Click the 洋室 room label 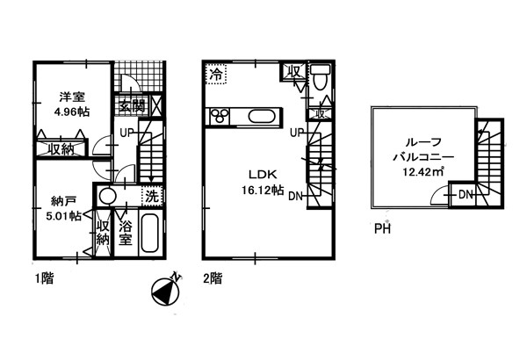72,97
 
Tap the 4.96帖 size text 72,112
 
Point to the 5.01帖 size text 63,216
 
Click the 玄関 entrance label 133,106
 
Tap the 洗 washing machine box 152,196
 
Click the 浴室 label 126,233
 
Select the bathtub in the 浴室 150,234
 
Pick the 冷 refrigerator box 216,74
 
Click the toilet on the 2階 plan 320,77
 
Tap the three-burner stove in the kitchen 220,116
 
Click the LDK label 263,175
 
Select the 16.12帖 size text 263,191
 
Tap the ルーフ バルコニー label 423,149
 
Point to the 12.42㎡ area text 423,172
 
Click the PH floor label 382,229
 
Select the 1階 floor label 45,278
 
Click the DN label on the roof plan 466,194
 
